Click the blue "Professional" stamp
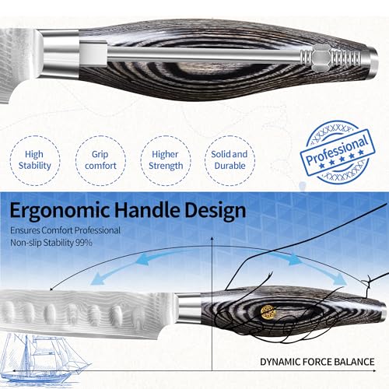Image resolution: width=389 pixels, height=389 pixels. point(338,152)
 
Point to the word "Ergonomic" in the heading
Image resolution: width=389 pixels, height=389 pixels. point(60,211)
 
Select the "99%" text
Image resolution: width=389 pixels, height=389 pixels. point(84,243)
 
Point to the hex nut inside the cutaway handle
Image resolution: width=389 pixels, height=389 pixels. point(321,57)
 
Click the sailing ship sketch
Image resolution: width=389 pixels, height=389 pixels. point(44,359)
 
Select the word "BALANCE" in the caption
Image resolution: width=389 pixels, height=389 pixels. point(354,362)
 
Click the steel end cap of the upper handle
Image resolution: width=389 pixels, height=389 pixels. point(372,60)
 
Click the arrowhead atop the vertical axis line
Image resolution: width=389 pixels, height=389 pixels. point(212,239)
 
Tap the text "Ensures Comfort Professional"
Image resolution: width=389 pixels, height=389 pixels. point(65,230)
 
